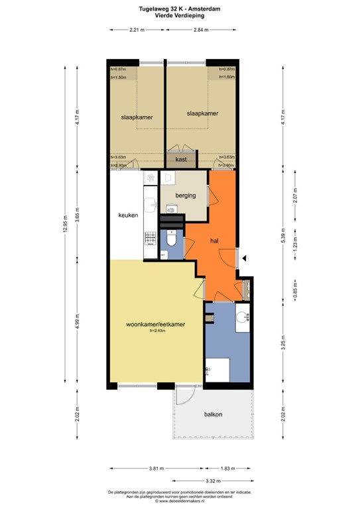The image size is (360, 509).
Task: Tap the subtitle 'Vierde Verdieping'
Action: [x=179, y=15]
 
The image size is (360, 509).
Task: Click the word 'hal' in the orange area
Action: [x=215, y=241]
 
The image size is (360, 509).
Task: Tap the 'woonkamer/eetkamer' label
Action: [x=156, y=324]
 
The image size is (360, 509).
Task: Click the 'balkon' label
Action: [x=213, y=414]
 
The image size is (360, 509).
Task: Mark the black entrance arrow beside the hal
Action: [x=245, y=258]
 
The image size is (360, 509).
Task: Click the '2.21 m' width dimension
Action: [x=137, y=30]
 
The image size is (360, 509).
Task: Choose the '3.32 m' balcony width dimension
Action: [x=213, y=481]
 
